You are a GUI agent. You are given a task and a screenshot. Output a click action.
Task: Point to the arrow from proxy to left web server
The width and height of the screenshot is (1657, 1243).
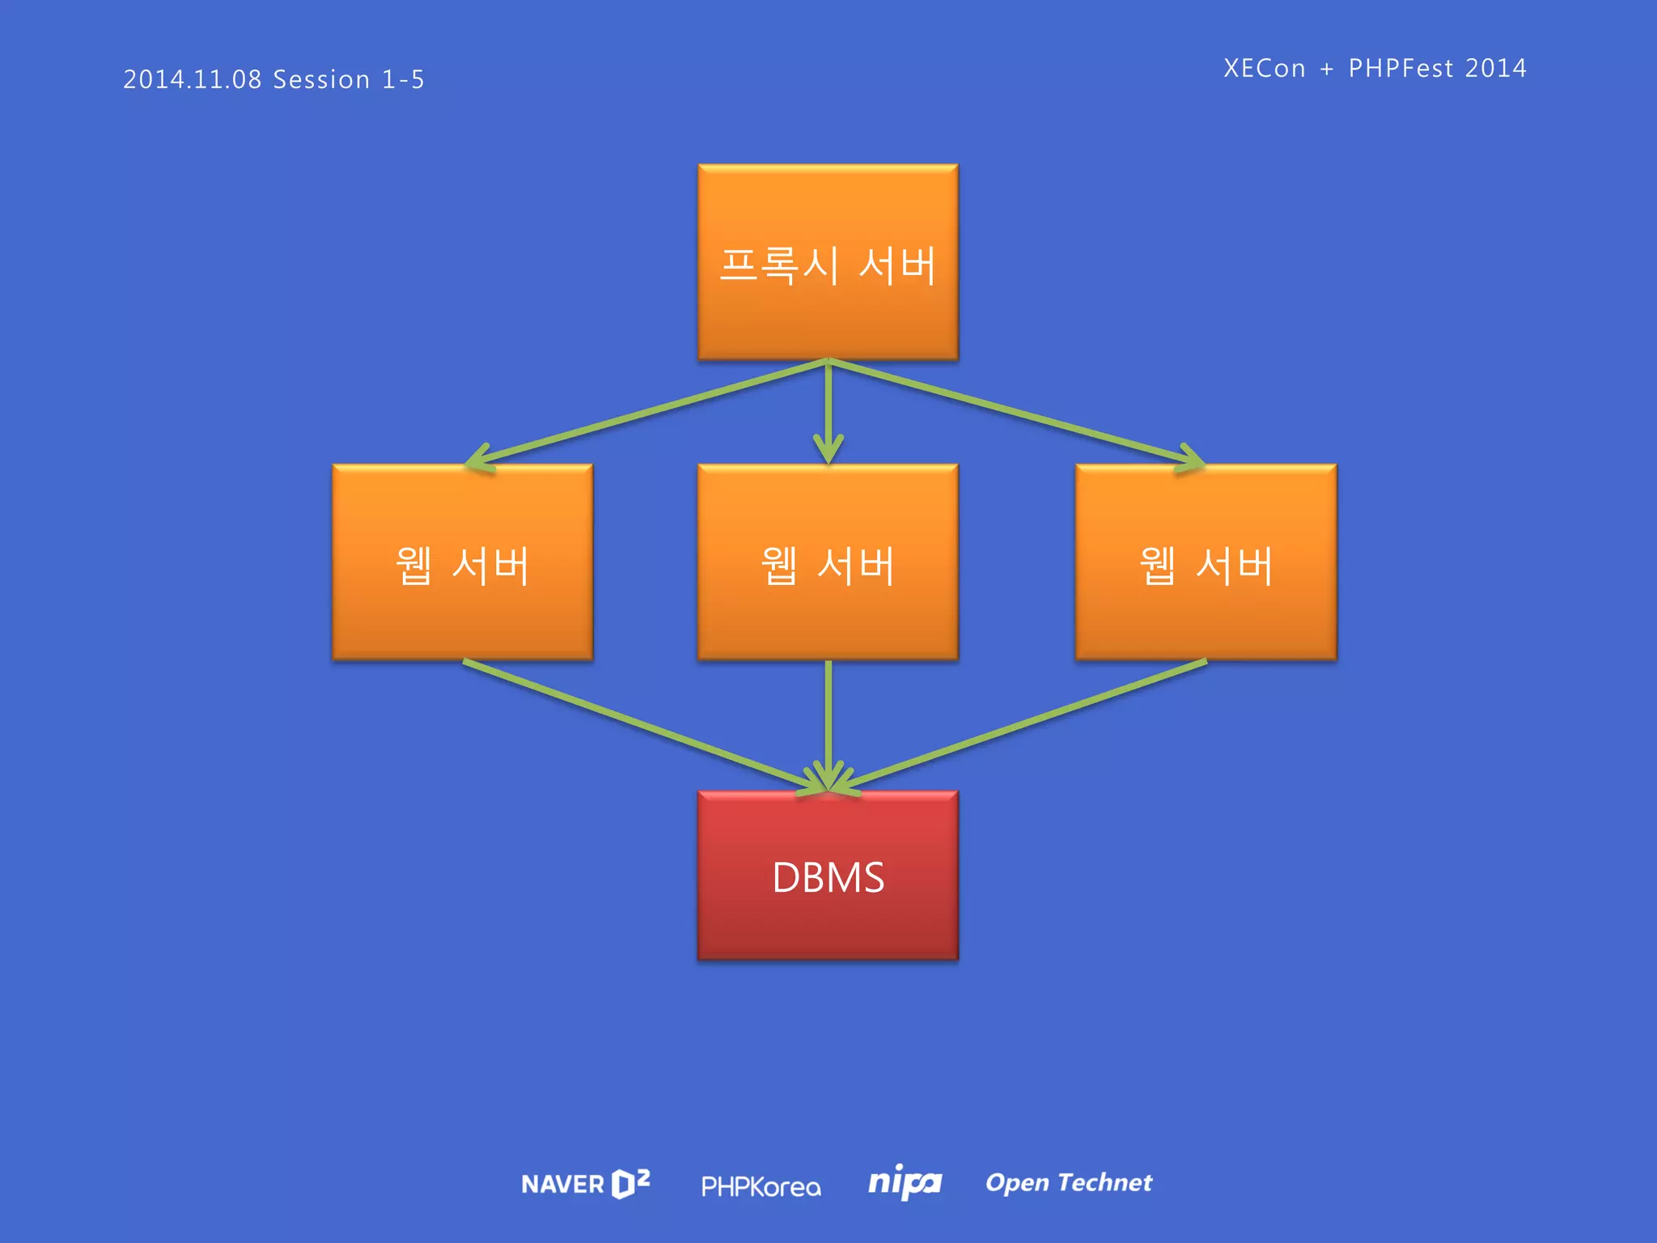pyautogui.click(x=647, y=413)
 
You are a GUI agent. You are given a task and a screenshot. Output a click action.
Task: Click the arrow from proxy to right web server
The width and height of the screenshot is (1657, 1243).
pyautogui.click(x=1011, y=413)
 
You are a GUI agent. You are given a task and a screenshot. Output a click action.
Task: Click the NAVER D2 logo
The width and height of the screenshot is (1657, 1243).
pyautogui.click(x=585, y=1184)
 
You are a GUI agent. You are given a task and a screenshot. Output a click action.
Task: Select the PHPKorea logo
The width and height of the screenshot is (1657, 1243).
pyautogui.click(x=761, y=1186)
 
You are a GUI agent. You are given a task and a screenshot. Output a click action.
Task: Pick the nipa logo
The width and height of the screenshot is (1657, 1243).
pyautogui.click(x=904, y=1183)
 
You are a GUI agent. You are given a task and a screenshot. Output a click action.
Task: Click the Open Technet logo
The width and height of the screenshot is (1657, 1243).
pyautogui.click(x=1068, y=1182)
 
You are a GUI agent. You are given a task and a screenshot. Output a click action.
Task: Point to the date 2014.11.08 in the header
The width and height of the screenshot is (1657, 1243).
pyautogui.click(x=193, y=79)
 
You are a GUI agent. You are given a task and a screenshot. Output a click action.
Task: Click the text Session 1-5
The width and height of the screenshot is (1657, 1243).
pyautogui.click(x=349, y=79)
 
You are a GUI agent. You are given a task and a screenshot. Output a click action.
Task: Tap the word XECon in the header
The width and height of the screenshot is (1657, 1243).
pyautogui.click(x=1264, y=68)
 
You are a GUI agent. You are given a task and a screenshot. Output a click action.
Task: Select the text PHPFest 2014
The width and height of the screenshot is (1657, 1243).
pyautogui.click(x=1437, y=68)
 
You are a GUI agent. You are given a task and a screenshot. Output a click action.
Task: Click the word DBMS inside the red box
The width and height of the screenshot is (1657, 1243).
pyautogui.click(x=828, y=877)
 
